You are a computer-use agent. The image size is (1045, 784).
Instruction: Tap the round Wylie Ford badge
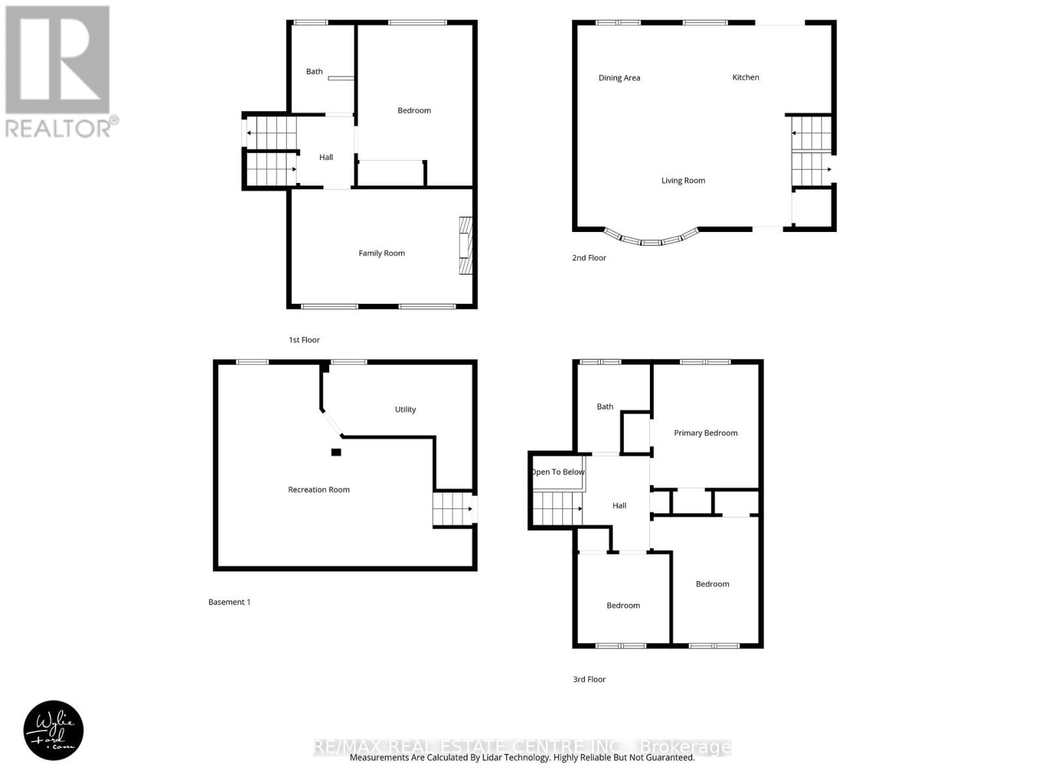54,730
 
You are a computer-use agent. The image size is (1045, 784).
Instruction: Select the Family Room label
381,253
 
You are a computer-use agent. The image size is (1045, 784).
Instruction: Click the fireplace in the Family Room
465,246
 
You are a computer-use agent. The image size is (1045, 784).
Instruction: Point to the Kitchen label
745,77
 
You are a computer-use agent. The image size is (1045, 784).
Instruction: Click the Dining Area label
619,78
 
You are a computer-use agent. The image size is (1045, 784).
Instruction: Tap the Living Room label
683,180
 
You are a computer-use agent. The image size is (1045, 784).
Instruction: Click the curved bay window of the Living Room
651,239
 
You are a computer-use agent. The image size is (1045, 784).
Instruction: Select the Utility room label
405,410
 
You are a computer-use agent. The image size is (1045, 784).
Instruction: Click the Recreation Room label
319,489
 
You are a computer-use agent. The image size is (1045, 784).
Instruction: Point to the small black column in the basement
336,452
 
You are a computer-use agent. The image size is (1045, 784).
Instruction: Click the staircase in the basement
452,509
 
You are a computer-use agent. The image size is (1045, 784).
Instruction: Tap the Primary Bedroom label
705,433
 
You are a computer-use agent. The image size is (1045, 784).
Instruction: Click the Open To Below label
558,472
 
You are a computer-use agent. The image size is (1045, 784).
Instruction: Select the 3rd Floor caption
589,679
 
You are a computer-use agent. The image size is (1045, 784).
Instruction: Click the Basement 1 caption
229,602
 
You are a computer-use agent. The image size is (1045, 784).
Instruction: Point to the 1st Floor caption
304,340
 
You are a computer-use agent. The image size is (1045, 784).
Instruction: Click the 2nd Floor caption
589,258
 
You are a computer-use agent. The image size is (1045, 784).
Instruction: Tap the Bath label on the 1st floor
314,72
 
